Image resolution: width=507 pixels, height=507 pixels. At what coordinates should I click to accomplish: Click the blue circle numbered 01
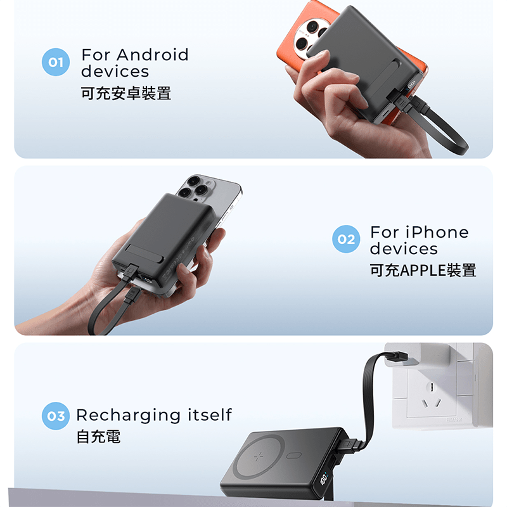point(56,62)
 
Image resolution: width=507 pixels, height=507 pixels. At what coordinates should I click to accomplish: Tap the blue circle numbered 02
point(346,239)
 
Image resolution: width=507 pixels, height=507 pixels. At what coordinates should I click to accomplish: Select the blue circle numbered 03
point(56,416)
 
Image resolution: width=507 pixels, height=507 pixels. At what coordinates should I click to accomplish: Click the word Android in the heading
point(152,55)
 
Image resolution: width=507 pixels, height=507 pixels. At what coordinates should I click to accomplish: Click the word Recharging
point(128,416)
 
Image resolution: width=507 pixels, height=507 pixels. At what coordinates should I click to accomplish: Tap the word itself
point(210,414)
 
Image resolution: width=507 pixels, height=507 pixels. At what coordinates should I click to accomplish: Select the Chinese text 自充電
point(98,437)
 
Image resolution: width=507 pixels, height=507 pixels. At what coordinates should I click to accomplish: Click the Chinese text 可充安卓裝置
point(125,93)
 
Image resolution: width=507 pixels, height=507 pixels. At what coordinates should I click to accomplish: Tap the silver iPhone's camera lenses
point(194,187)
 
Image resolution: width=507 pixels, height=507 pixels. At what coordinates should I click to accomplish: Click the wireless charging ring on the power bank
point(259,456)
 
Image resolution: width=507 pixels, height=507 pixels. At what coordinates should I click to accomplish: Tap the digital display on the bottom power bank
point(324,479)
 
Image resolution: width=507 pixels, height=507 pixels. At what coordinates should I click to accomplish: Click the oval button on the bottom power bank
point(294,455)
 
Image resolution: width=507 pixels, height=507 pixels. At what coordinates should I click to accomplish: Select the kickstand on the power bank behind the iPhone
point(144,251)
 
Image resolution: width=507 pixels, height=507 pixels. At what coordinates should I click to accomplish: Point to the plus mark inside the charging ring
point(259,456)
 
